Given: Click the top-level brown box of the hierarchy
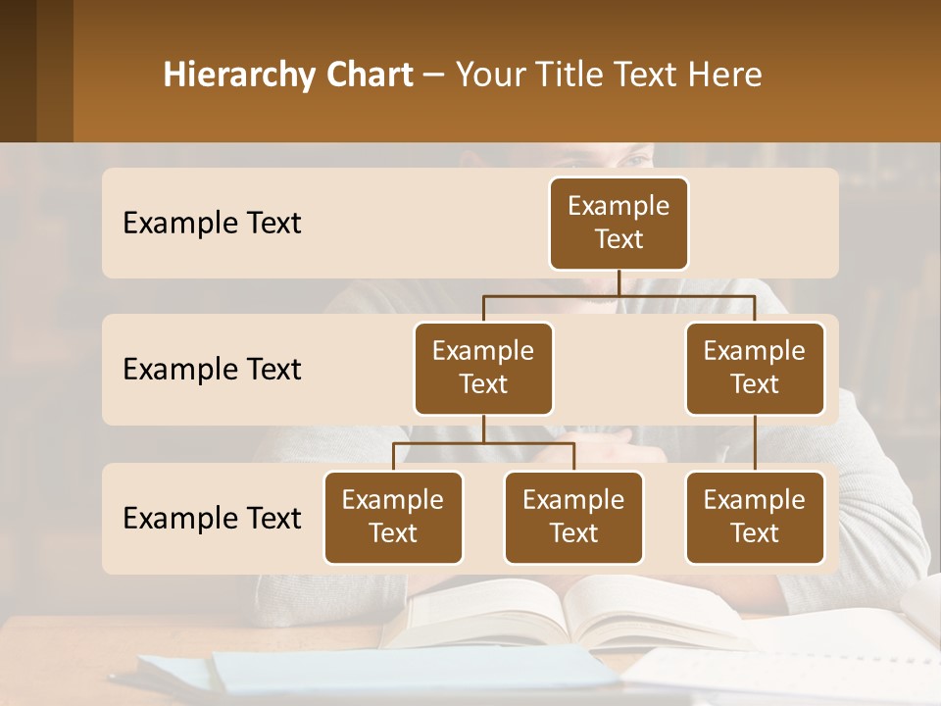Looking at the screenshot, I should [x=619, y=223].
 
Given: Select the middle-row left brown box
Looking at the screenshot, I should [x=483, y=368].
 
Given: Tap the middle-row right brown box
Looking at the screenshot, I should [x=755, y=368].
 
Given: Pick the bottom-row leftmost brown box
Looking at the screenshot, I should [x=393, y=517].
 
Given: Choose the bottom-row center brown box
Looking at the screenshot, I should [x=573, y=517].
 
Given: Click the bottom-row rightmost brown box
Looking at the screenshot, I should [x=755, y=517].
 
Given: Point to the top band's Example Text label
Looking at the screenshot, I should [x=212, y=223].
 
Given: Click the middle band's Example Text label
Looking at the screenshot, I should [x=212, y=369].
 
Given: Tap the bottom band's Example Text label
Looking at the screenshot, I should [x=212, y=518].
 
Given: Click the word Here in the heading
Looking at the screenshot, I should [x=725, y=76].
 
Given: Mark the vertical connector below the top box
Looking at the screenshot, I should [x=619, y=282].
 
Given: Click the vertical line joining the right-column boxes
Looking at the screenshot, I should [x=755, y=443].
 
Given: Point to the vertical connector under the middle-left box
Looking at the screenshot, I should [x=483, y=429].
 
